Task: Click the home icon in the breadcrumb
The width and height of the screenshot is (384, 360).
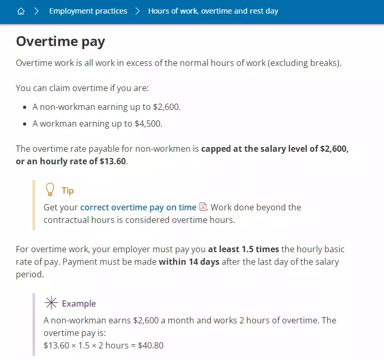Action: click(x=21, y=11)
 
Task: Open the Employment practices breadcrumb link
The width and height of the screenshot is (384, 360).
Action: click(x=88, y=11)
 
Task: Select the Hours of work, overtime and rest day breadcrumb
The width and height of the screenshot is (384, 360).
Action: click(x=213, y=11)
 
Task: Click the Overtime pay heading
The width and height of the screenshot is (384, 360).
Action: click(x=61, y=41)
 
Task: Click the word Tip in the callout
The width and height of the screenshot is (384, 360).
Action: click(x=68, y=191)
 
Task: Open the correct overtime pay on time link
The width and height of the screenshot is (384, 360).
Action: click(x=138, y=207)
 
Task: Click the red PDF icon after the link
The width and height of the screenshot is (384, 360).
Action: click(x=203, y=207)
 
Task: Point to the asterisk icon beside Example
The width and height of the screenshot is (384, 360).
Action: click(x=50, y=303)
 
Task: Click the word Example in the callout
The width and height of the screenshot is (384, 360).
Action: click(x=79, y=303)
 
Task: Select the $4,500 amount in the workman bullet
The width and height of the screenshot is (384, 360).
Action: click(x=149, y=123)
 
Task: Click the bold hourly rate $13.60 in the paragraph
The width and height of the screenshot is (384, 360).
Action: click(x=113, y=161)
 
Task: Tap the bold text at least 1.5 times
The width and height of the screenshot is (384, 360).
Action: click(x=243, y=249)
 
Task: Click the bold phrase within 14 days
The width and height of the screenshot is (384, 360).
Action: click(x=189, y=262)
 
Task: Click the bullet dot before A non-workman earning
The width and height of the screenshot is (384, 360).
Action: click(x=25, y=107)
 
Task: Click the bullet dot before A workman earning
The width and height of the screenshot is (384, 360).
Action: click(x=25, y=124)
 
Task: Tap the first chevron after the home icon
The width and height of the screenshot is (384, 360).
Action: click(x=36, y=11)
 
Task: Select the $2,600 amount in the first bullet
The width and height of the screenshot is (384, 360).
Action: click(x=166, y=107)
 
